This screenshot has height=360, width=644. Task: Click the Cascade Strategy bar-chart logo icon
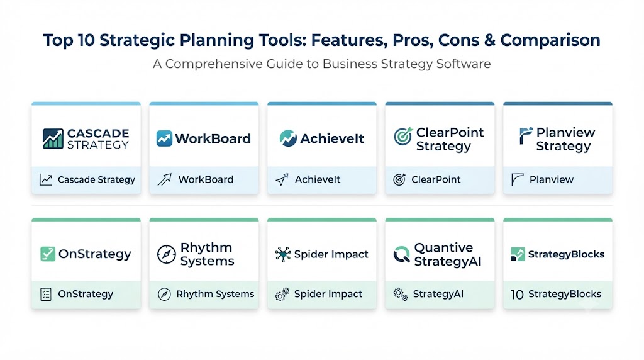[x=53, y=138]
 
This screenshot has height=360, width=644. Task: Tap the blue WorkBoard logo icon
[x=164, y=138]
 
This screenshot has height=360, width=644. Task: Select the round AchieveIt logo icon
[x=288, y=138]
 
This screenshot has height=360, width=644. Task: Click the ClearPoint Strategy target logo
[x=403, y=136]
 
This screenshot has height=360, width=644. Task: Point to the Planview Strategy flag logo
[x=525, y=135]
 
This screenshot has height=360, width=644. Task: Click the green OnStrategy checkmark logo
[x=48, y=254]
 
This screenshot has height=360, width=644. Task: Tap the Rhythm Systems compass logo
[x=166, y=254]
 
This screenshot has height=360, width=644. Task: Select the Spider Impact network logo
[x=283, y=254]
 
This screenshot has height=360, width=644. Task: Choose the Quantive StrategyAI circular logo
[x=401, y=254]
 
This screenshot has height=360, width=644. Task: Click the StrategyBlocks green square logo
[x=518, y=254]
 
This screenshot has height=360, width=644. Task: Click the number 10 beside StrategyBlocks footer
[x=517, y=295]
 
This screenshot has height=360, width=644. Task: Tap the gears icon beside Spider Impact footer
[x=282, y=295]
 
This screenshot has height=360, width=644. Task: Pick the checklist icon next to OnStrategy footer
[x=45, y=295]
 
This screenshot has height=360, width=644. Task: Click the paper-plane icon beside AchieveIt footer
[x=282, y=179]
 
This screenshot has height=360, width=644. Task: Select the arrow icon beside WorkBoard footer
[x=164, y=179]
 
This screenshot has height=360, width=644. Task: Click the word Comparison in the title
[x=550, y=40]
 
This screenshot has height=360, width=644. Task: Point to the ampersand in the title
[x=489, y=40]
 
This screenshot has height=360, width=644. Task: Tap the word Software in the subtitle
[x=464, y=64]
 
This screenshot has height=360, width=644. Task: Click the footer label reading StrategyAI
[x=438, y=294]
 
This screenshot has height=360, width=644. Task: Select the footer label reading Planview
[x=551, y=179]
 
